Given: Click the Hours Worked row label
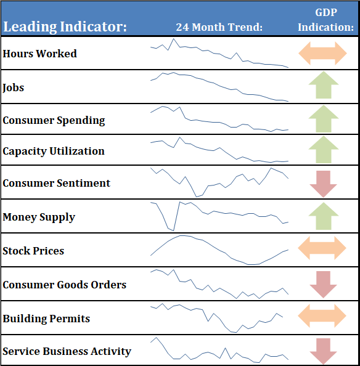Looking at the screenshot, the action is pyautogui.click(x=39, y=54).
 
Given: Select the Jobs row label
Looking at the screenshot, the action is pyautogui.click(x=14, y=87).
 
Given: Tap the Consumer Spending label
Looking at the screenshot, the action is pyautogui.click(x=54, y=120).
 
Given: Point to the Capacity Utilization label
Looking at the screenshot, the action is pyautogui.click(x=54, y=151).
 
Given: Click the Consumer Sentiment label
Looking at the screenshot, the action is pyautogui.click(x=56, y=183).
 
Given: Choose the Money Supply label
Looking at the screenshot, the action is pyautogui.click(x=39, y=217).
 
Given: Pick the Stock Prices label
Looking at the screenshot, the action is pyautogui.click(x=33, y=251).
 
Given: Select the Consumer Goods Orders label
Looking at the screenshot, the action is pyautogui.click(x=65, y=285).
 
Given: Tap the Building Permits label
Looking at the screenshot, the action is pyautogui.click(x=46, y=319).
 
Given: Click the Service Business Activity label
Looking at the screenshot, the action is pyautogui.click(x=67, y=352).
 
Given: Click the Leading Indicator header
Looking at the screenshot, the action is pyautogui.click(x=65, y=27).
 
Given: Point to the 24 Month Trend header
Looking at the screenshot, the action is pyautogui.click(x=219, y=27).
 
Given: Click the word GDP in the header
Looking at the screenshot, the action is pyautogui.click(x=326, y=12).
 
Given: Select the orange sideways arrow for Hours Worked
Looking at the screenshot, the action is pyautogui.click(x=322, y=53).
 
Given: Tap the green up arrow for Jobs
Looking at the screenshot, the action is pyautogui.click(x=324, y=85).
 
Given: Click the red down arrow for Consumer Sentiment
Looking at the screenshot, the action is pyautogui.click(x=324, y=184).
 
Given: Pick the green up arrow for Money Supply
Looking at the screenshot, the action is pyautogui.click(x=324, y=216).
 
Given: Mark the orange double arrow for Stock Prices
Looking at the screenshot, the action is pyautogui.click(x=322, y=248).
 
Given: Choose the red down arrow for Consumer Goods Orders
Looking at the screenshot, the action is pyautogui.click(x=324, y=285).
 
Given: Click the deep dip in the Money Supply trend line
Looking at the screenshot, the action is pyautogui.click(x=173, y=230).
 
